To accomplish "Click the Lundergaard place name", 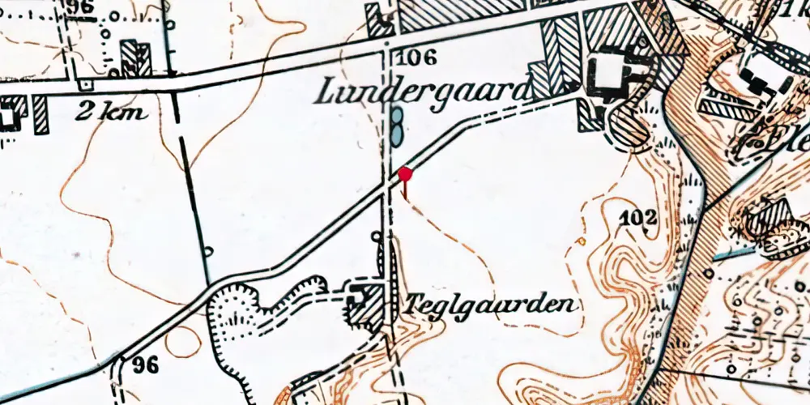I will click(x=421, y=91).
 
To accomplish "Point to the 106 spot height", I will click(x=418, y=58).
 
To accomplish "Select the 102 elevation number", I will click(x=638, y=217).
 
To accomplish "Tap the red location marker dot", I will click(x=406, y=173).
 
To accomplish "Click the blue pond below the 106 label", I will click(x=396, y=127).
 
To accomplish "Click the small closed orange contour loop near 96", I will click(x=182, y=342).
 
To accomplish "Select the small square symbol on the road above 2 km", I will click(x=81, y=85).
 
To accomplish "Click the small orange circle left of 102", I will click(x=581, y=241).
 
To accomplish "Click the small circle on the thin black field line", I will click(x=208, y=252).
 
